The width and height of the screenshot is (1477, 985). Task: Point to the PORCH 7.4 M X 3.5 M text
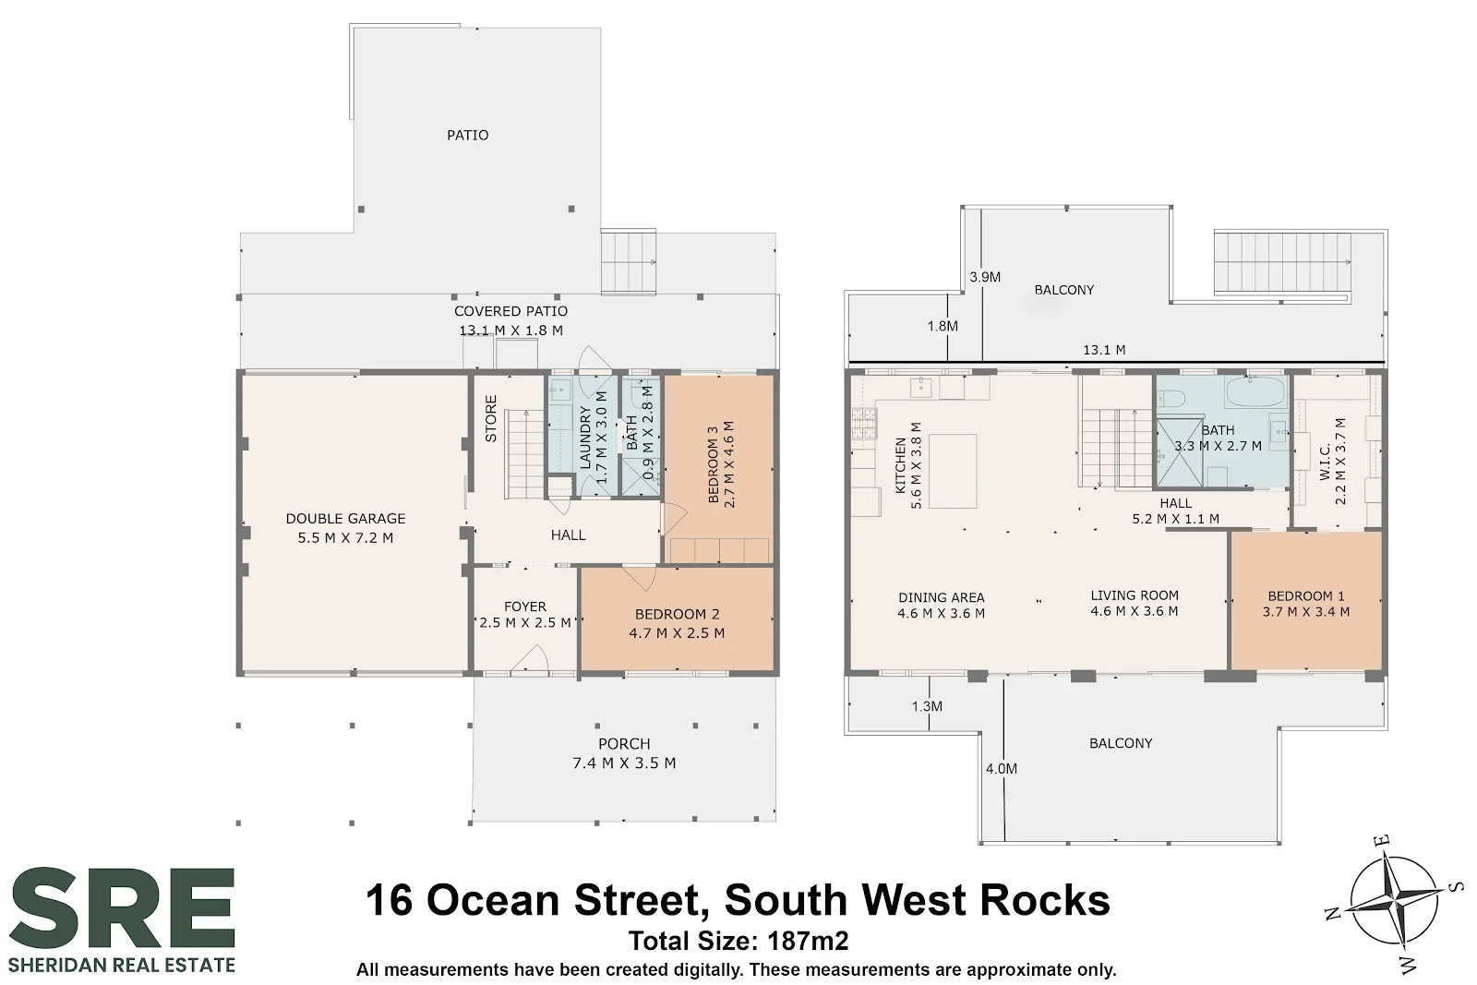click(624, 753)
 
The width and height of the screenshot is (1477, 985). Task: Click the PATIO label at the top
click(467, 135)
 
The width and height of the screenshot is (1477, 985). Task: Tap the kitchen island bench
click(952, 471)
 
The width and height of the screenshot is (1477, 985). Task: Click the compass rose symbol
click(1391, 900)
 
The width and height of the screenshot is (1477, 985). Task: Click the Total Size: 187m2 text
click(738, 942)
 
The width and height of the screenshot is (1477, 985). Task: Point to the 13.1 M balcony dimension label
click(1104, 350)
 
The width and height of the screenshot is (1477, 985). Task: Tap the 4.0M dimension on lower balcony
click(1001, 768)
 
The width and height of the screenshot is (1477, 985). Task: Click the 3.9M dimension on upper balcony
click(984, 277)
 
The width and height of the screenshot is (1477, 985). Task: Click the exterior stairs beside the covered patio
click(628, 262)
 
